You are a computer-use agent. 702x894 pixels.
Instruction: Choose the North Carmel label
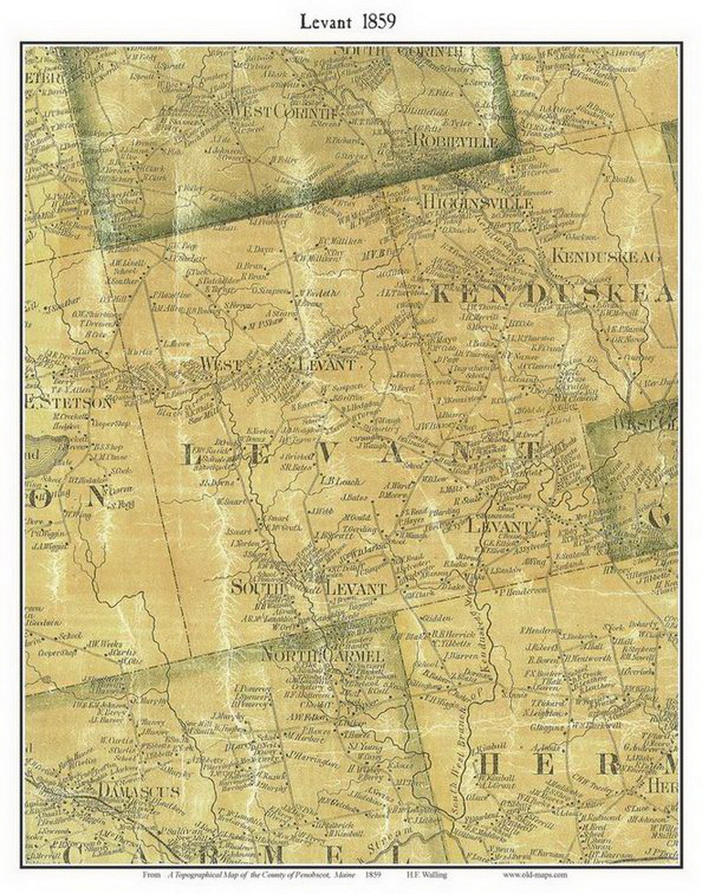coord(323,655)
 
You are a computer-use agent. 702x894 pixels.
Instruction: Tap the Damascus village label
coord(139,790)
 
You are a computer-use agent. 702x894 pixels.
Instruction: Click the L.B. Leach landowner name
coord(341,482)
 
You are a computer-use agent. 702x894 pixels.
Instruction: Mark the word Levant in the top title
coord(326,22)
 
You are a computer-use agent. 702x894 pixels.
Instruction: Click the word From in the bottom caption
coord(150,874)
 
